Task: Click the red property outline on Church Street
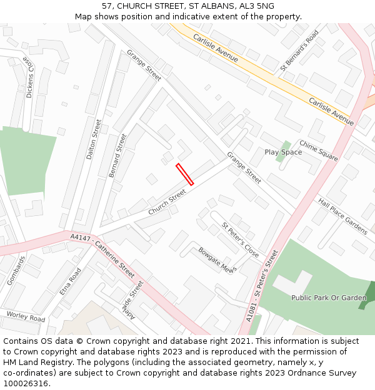point(185,175)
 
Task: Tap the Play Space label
point(282,152)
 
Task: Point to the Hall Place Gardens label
point(342,217)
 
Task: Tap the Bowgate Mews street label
point(217,260)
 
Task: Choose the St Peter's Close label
point(241,240)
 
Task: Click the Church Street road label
point(167,203)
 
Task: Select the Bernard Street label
point(117,155)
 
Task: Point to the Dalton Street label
point(94,139)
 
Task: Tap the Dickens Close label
point(29,77)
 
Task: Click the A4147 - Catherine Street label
point(102,255)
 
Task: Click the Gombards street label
point(17,271)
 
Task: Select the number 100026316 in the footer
point(26,383)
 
